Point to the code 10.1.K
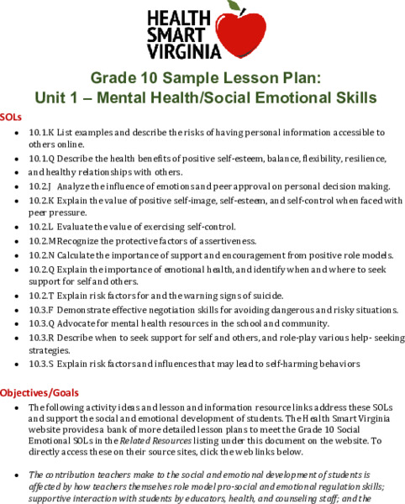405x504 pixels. tap(41, 132)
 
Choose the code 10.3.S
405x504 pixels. tap(41, 364)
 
